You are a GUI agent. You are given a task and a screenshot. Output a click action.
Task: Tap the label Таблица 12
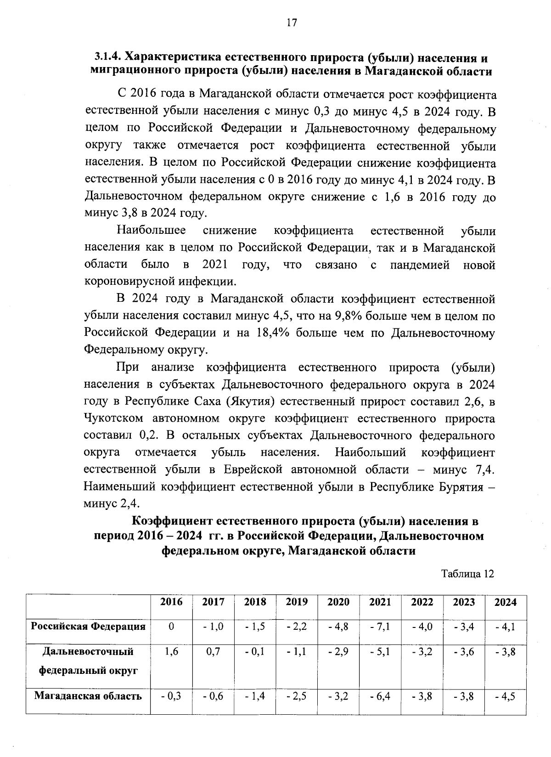coord(467,574)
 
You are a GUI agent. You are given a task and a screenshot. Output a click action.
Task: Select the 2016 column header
coord(171,602)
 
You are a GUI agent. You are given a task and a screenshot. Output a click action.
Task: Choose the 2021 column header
coord(380,602)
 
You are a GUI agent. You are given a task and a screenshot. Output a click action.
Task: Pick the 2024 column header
coord(505,602)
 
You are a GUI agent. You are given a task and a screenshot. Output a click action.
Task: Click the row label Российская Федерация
coord(88,626)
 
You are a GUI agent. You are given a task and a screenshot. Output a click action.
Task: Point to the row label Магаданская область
coord(88,696)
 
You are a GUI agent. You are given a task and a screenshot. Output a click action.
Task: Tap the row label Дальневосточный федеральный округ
coord(88,661)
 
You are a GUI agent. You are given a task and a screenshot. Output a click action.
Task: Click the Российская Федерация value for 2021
coord(380,627)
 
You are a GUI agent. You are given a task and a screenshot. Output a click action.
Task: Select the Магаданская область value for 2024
coord(505,696)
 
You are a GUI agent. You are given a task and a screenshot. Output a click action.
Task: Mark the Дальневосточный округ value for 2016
coord(171,651)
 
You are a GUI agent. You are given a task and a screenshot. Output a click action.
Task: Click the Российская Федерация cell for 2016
coord(171,627)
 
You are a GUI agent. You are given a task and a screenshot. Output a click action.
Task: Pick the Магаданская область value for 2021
coord(380,696)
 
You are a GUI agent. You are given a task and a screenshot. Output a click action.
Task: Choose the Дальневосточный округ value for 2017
coord(213,651)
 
